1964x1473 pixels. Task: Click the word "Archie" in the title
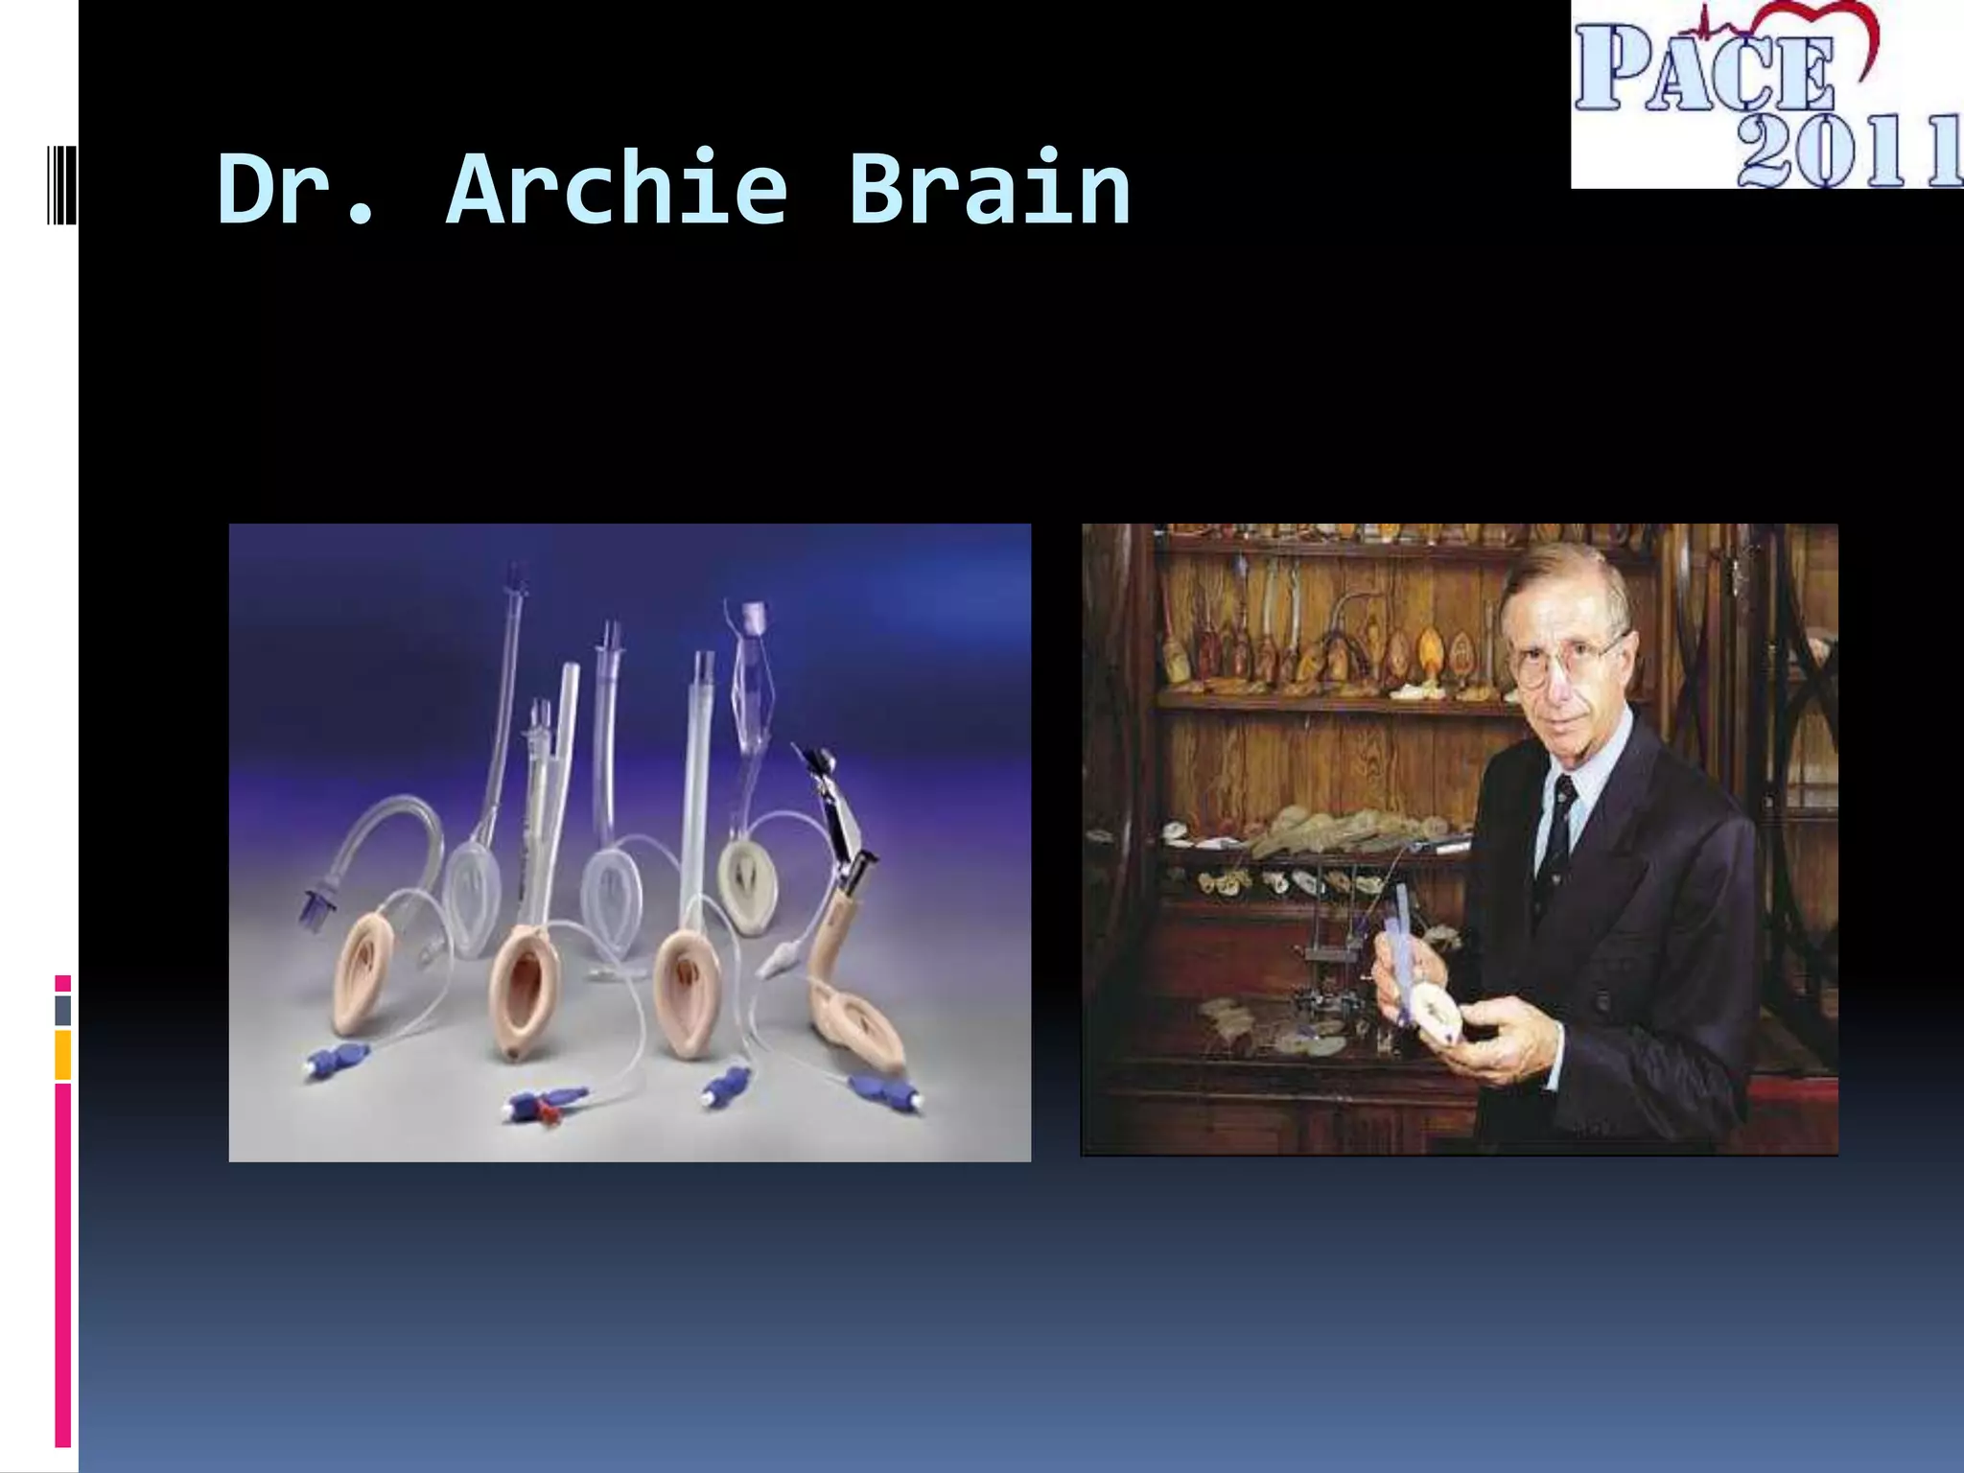[616, 189]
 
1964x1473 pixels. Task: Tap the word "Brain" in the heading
[990, 189]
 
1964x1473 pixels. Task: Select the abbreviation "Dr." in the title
[295, 189]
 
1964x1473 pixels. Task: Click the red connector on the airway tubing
[549, 1112]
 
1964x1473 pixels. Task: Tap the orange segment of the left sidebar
[62, 1055]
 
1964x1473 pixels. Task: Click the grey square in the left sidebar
[62, 1010]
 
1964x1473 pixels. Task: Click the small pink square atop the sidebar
[62, 983]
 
